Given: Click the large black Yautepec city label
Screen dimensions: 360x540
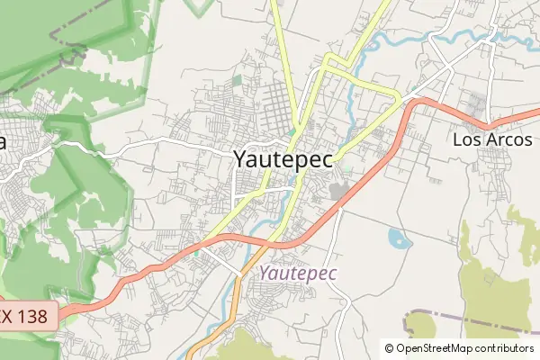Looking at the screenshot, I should coord(283,159).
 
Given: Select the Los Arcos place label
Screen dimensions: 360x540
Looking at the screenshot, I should coord(492,140).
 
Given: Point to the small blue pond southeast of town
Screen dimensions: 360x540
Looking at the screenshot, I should coord(398,238).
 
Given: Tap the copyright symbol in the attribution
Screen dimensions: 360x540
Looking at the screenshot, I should coord(390,348).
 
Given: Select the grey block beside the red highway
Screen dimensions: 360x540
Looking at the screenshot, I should coord(339,191).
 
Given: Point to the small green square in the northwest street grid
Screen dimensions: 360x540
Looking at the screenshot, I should coord(237,81).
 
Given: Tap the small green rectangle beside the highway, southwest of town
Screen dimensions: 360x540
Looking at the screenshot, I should coord(194,252).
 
